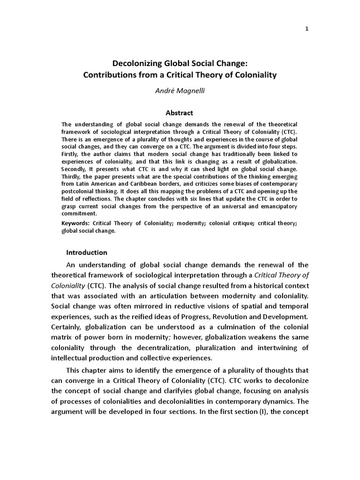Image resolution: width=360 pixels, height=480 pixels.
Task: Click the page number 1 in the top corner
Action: coord(307,29)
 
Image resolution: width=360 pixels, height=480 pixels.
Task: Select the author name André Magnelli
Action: coord(180,90)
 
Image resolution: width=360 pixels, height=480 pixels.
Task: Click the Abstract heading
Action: coord(180,113)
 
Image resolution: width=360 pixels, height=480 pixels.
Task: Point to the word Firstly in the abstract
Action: coord(71,154)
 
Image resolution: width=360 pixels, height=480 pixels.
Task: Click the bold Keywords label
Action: coord(75,224)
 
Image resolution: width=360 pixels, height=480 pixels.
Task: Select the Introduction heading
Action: coord(87,253)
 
